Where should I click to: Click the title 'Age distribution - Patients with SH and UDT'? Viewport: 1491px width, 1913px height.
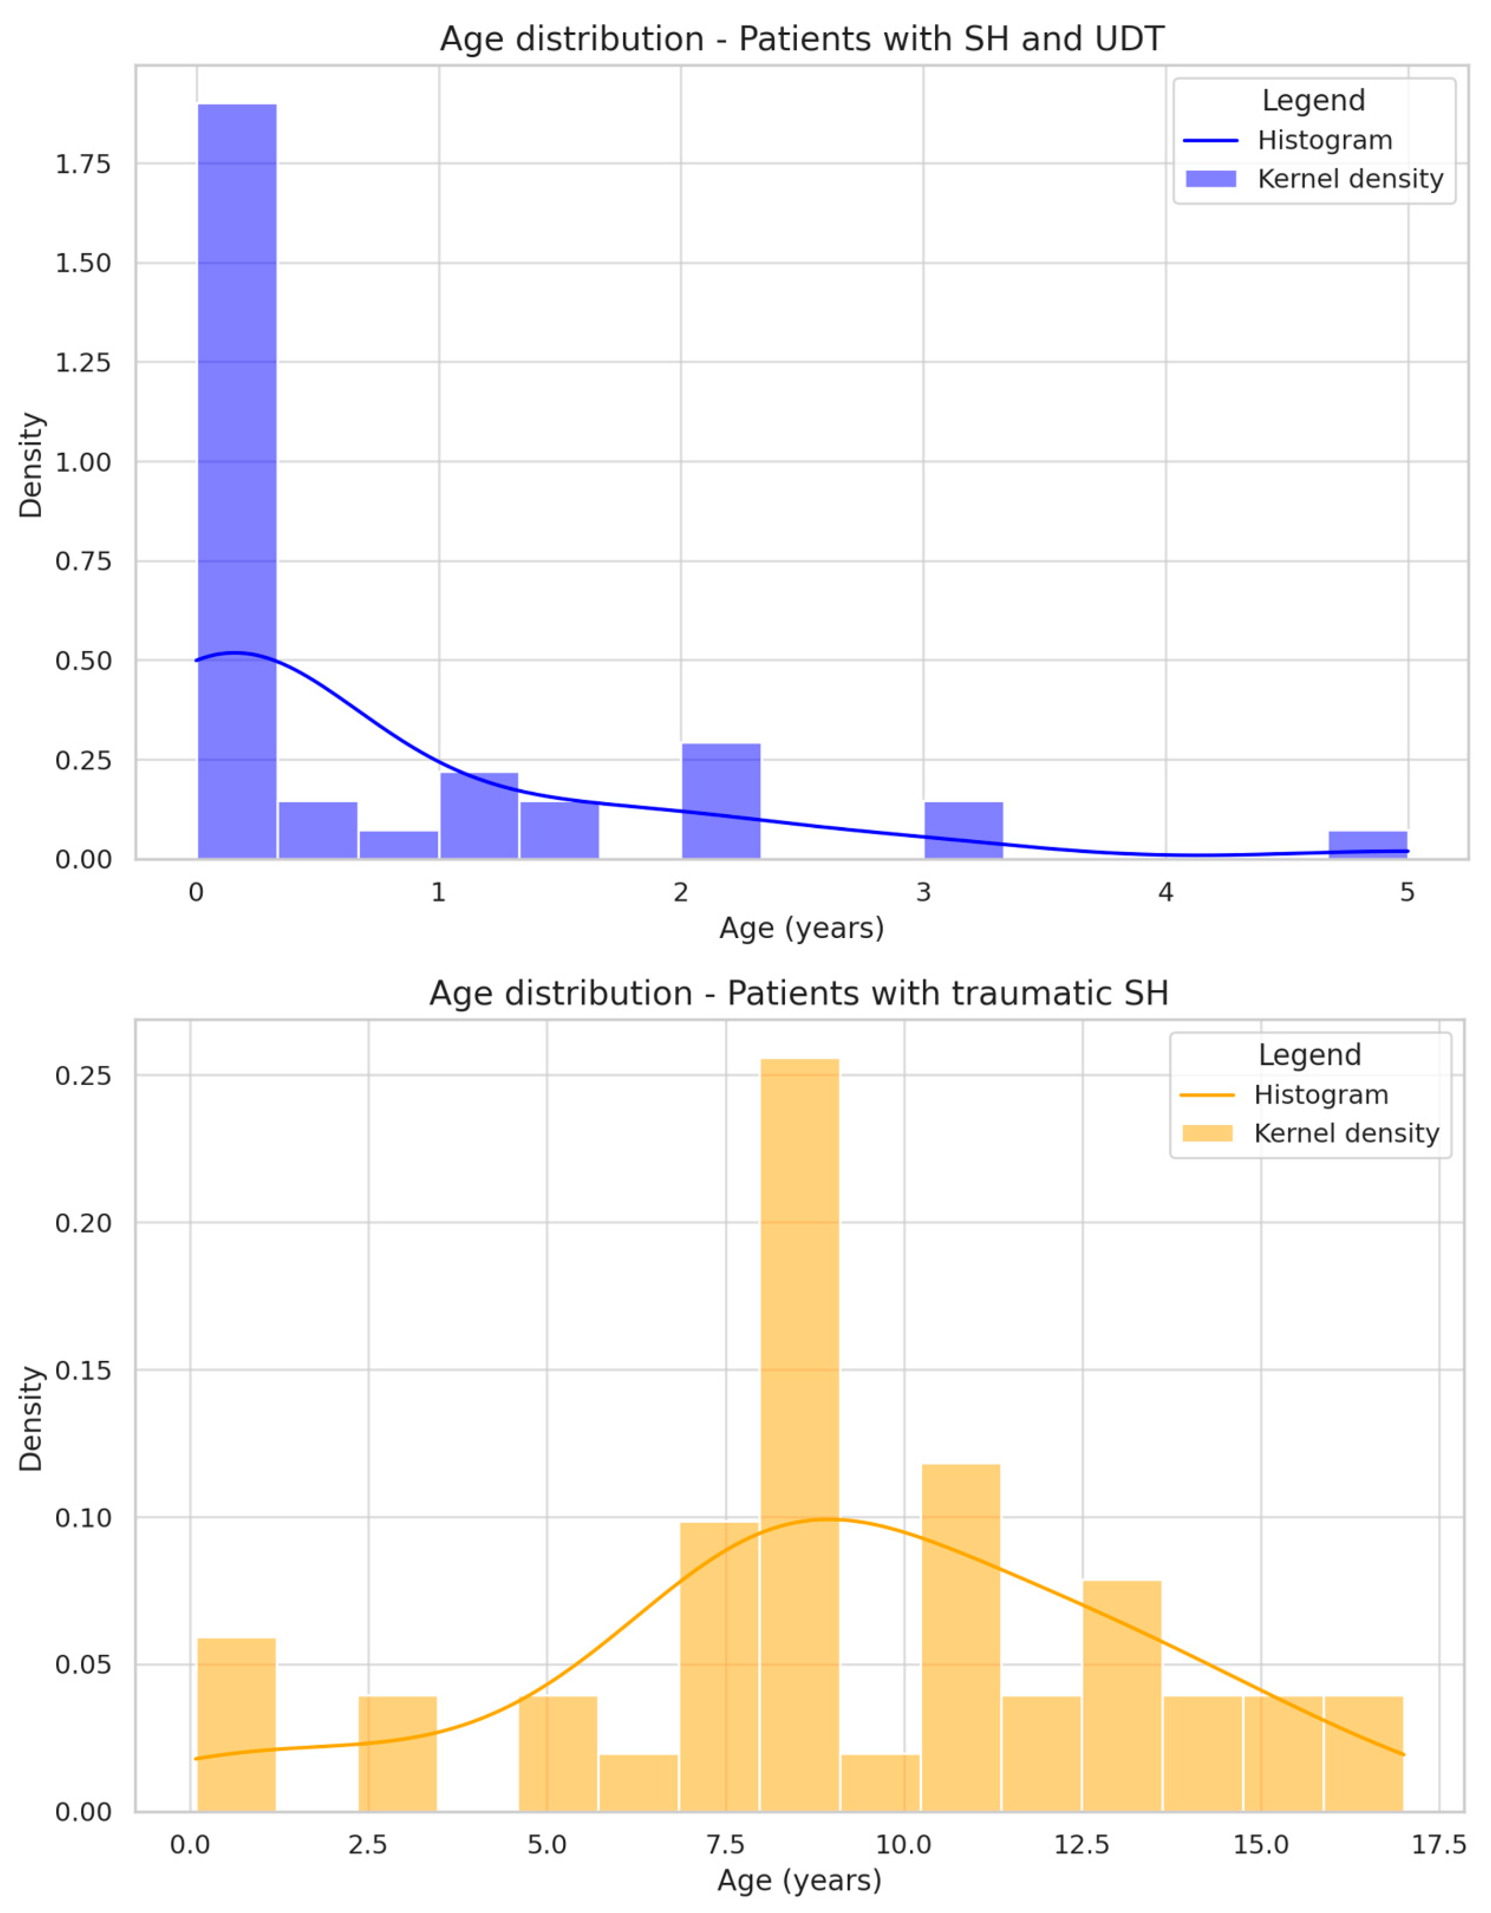coord(802,39)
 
